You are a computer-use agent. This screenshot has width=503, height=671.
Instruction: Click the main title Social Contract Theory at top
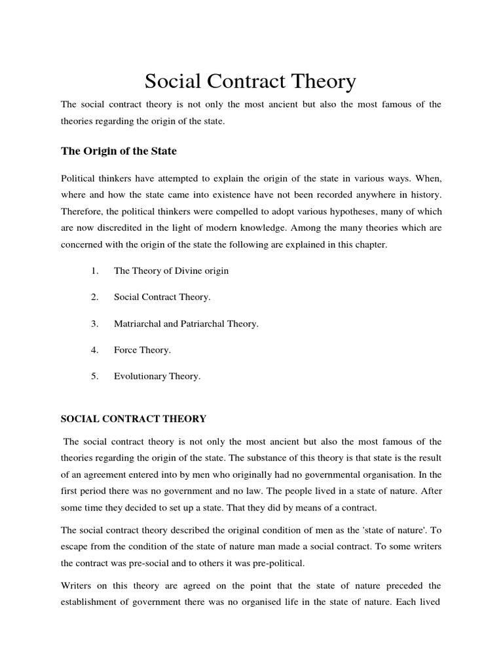pos(250,82)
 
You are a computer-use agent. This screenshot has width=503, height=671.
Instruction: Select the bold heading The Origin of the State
pos(119,151)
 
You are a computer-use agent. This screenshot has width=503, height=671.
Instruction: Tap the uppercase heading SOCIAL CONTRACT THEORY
pos(134,418)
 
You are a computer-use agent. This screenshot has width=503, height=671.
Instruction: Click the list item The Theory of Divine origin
pos(172,270)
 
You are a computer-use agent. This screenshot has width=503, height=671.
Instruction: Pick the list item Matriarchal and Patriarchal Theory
pos(187,324)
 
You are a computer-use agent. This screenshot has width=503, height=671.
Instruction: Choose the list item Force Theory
pos(142,350)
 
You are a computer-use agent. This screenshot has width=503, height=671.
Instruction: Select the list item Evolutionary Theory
pos(157,377)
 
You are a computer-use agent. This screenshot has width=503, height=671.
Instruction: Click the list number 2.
pos(95,297)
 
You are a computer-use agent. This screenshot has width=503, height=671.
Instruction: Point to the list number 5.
pos(95,377)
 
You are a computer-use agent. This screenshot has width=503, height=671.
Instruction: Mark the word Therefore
pos(82,212)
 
